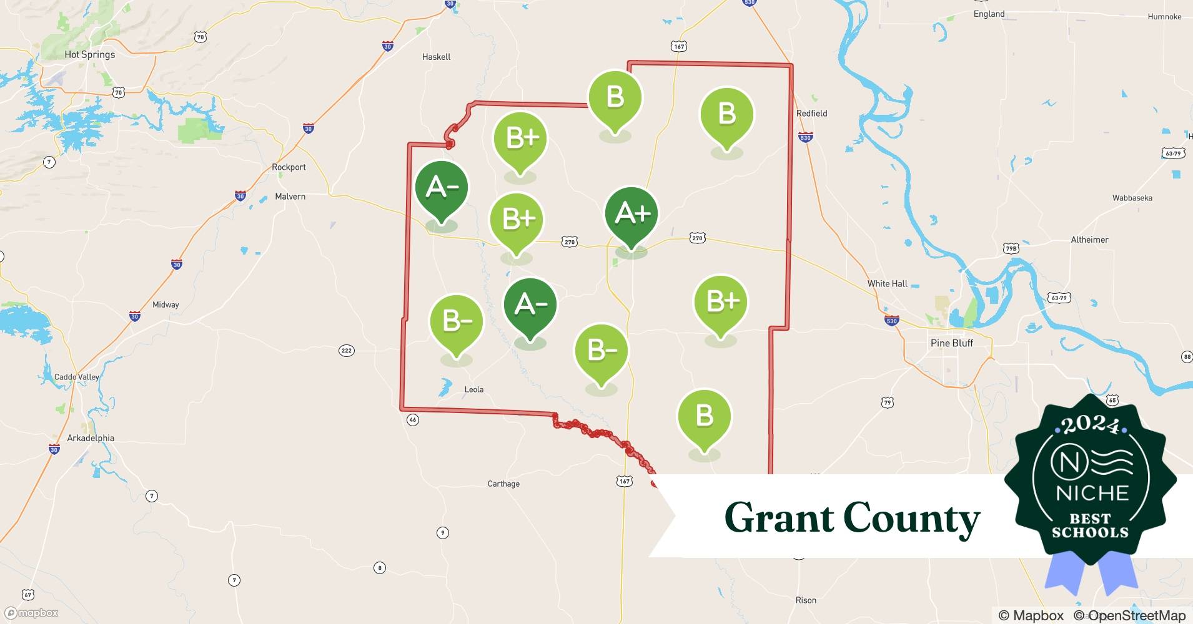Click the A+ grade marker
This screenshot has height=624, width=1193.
point(631,214)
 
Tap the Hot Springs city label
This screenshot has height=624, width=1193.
point(89,54)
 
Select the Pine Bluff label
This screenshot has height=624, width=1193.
point(951,343)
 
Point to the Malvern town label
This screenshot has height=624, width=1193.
point(290,197)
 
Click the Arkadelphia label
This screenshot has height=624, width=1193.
point(91,438)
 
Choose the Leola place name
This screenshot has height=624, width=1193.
point(473,389)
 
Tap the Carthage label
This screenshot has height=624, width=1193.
point(503,484)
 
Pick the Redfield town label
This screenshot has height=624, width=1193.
point(811,113)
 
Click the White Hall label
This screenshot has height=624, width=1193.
point(887,283)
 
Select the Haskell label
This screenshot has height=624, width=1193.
point(436,57)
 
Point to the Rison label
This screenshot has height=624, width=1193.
point(805,600)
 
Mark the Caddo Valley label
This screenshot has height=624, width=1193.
point(76,377)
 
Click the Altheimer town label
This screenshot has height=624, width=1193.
point(1089,240)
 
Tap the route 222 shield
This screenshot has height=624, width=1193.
point(347,350)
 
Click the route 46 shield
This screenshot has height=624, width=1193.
point(412,420)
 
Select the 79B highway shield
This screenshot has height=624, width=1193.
point(1011,248)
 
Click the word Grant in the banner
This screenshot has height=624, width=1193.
point(778,518)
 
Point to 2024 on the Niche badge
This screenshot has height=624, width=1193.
point(1091,424)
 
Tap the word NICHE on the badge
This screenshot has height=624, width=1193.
point(1092,493)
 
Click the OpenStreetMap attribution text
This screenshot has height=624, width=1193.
point(1136,616)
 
